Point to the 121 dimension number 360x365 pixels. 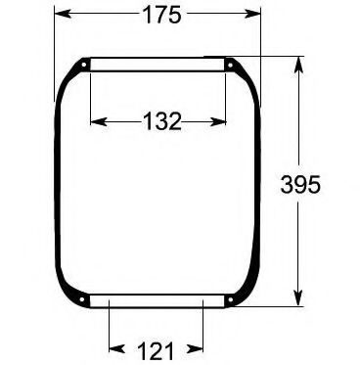[156, 349]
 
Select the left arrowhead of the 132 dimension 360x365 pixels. [95, 121]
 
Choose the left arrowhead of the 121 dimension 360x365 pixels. [112, 348]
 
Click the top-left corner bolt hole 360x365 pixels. [83, 66]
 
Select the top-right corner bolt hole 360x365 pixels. [230, 66]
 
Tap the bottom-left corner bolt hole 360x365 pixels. [83, 298]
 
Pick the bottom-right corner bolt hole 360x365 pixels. [231, 298]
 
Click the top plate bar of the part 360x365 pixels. [157, 65]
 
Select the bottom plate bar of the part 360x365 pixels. [157, 300]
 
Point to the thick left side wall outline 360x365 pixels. [57, 186]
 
